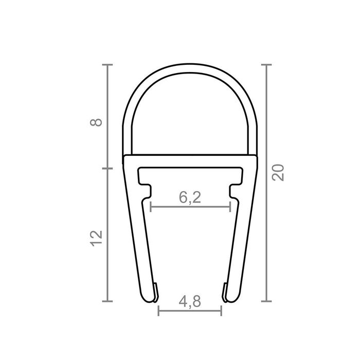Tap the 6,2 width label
(x=190, y=197)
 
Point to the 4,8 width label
(x=190, y=302)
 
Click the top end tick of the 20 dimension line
(x=266, y=65)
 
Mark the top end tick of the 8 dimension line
(x=107, y=65)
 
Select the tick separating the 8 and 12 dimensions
(x=107, y=168)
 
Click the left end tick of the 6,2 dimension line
(x=150, y=207)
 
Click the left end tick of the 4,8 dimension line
(x=158, y=311)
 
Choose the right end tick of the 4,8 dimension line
(x=221, y=311)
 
